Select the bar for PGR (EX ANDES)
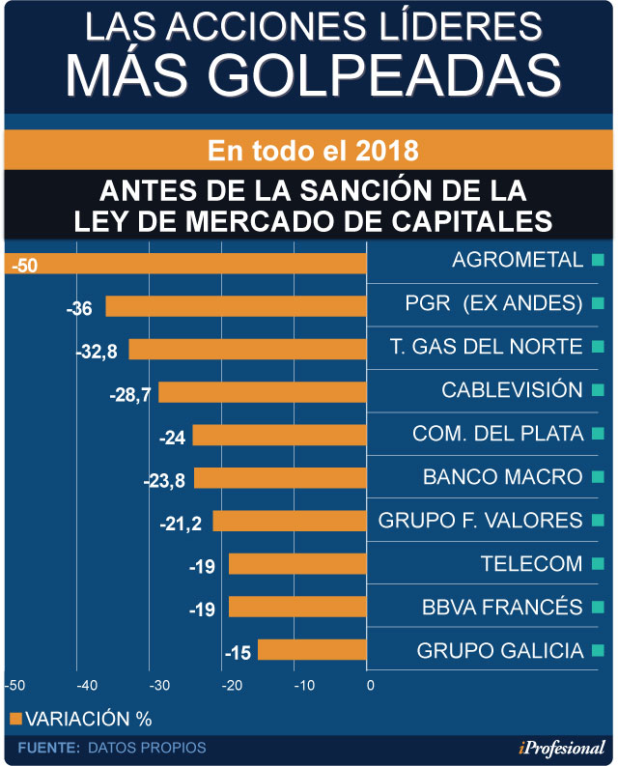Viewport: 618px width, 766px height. tap(236, 306)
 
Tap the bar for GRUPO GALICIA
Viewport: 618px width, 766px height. tap(312, 649)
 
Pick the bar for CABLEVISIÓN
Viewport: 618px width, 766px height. tap(263, 392)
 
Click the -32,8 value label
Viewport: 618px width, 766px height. tap(97, 353)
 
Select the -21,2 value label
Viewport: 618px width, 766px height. tap(181, 525)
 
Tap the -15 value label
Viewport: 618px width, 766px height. tap(238, 654)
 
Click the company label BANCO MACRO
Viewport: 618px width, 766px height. tap(502, 477)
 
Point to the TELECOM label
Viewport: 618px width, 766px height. tap(531, 564)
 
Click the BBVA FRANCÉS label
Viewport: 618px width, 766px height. tap(502, 608)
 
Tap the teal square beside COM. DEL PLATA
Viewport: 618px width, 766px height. tap(598, 434)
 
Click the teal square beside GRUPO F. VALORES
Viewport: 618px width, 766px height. tap(598, 521)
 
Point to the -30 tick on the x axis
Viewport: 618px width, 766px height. tap(159, 686)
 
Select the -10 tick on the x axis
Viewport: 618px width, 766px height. tap(301, 686)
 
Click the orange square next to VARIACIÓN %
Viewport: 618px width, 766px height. tap(14, 718)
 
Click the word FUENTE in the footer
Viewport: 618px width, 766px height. tap(47, 748)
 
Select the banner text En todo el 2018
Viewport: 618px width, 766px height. tap(313, 152)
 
